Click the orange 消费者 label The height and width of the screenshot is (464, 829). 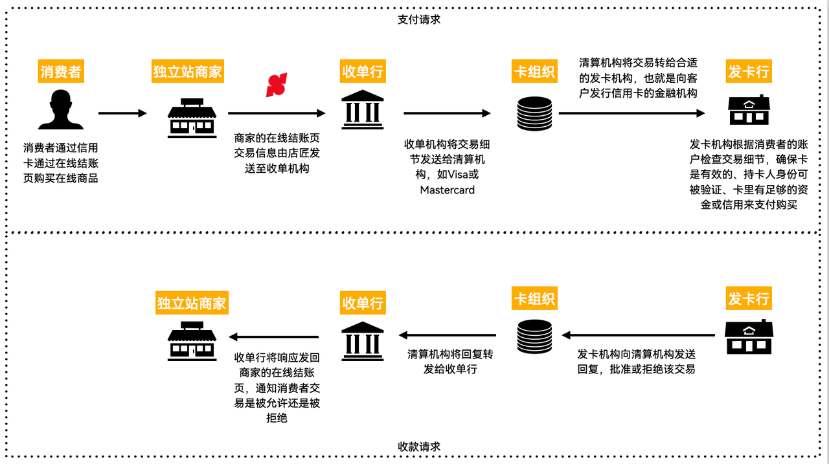[61, 71]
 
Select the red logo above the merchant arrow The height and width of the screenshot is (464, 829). [277, 85]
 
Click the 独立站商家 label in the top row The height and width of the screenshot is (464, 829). [188, 71]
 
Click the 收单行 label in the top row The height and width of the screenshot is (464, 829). [363, 71]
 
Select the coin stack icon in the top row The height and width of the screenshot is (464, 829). [534, 114]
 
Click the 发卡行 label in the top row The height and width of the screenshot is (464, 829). [749, 71]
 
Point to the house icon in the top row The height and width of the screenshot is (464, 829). [749, 111]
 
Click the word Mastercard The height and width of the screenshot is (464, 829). [447, 190]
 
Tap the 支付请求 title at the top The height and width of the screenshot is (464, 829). [419, 19]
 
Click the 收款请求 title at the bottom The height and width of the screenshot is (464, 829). [419, 447]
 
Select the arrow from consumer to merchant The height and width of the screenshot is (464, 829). [123, 113]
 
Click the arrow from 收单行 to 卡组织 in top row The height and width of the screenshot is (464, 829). [447, 113]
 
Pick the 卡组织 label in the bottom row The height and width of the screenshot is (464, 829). [534, 299]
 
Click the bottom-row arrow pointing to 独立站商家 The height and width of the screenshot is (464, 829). [274, 337]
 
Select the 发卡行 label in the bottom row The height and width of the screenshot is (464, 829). [749, 299]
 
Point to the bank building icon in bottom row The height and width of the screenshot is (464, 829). [363, 338]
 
